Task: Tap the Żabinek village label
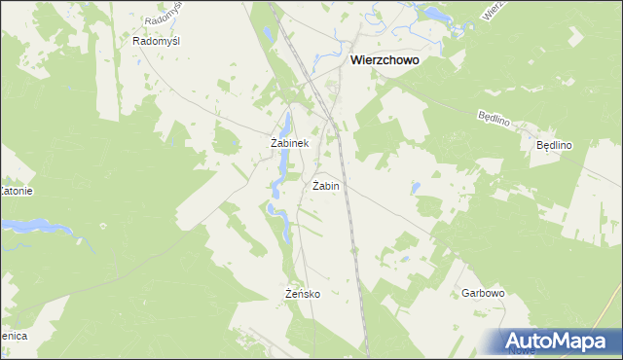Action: [289, 143]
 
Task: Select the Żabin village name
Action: [326, 185]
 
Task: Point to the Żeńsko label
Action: [303, 294]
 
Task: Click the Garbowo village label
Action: [482, 293]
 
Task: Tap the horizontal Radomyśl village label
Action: [157, 42]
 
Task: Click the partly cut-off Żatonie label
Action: [17, 191]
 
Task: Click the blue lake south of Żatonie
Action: [29, 226]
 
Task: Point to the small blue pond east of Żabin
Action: [416, 187]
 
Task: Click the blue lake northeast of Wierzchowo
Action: [428, 13]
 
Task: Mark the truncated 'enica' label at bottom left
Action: [14, 335]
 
